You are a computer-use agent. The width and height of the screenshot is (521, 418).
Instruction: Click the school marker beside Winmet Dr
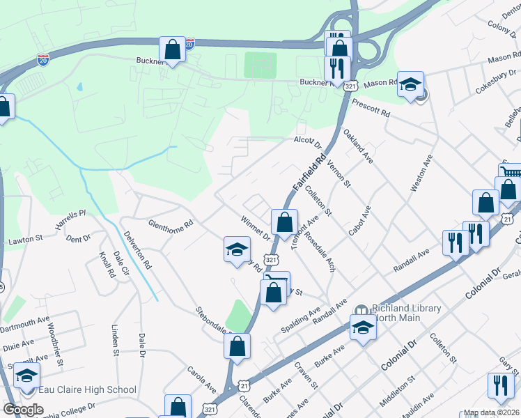point(237,249)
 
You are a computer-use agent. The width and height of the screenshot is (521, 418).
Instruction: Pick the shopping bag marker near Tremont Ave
point(284,222)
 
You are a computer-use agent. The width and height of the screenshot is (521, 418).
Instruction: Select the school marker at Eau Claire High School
point(26,376)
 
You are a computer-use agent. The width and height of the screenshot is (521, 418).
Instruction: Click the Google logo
point(23,410)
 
